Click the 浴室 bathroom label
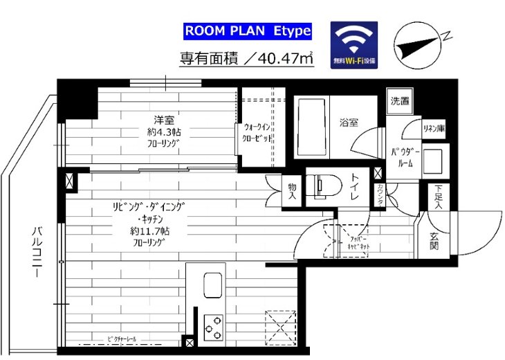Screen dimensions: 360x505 coord(348,123)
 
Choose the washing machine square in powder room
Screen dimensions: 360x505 coord(435,161)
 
